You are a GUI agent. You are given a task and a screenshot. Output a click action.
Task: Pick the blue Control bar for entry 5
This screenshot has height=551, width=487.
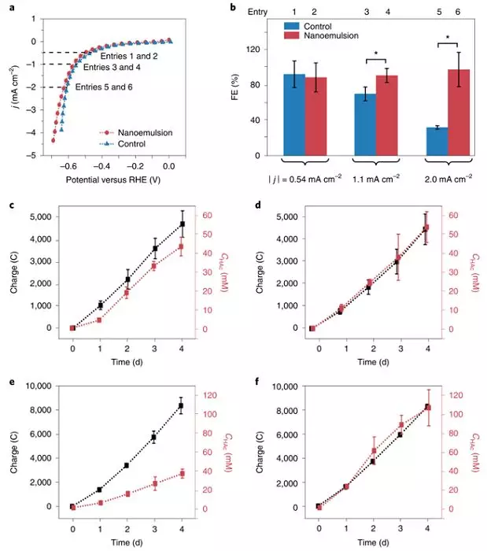436,141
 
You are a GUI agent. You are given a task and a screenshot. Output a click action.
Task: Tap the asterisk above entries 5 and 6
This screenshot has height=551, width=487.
448,38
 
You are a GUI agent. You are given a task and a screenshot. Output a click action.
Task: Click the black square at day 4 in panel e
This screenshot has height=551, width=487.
182,405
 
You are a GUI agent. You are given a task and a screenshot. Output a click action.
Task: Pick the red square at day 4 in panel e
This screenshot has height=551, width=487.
182,474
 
